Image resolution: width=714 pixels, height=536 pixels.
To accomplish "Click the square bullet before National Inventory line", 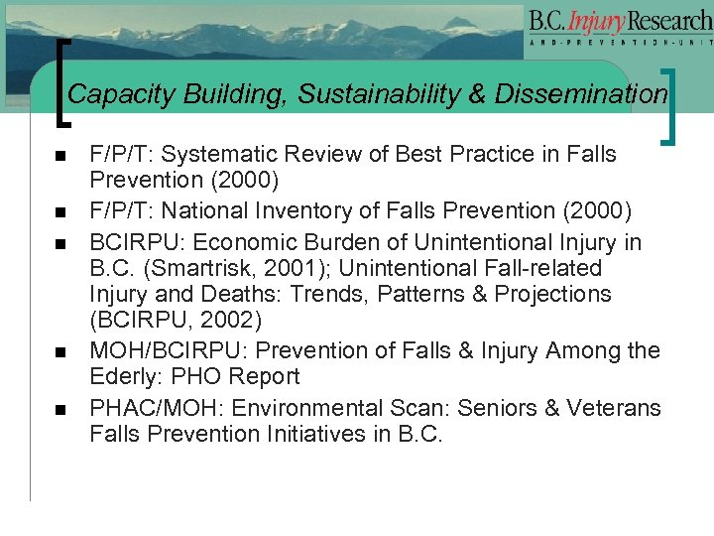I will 60,212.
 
